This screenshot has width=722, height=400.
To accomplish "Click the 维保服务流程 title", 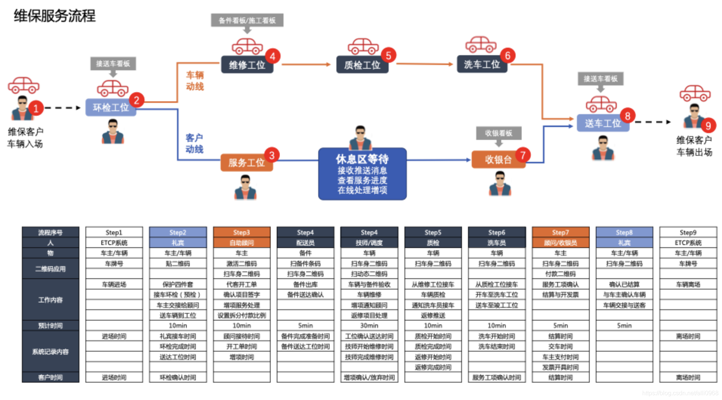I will [55, 16].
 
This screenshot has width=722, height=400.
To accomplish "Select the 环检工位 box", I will [110, 108].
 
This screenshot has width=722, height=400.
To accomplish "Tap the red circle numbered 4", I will [273, 56].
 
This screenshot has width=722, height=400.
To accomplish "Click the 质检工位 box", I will [362, 65].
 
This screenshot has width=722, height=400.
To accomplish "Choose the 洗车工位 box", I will [482, 65].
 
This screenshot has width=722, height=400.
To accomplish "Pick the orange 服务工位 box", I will [246, 163].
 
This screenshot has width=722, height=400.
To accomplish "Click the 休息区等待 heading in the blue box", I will [362, 159].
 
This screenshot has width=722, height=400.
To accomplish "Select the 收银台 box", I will [498, 160].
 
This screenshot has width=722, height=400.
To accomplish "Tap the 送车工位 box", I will [603, 123].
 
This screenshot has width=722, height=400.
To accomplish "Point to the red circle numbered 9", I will [708, 126].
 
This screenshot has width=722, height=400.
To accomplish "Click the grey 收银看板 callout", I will [499, 133].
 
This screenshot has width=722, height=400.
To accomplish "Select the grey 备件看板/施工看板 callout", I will [247, 20].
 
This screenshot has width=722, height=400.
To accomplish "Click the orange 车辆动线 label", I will [195, 81].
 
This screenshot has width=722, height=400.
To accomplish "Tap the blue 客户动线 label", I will [194, 144].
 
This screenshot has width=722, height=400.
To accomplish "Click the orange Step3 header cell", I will [242, 232].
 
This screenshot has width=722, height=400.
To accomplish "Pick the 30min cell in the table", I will [369, 326].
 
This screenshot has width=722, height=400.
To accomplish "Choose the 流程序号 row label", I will [50, 232].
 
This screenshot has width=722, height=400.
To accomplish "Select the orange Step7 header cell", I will [560, 232].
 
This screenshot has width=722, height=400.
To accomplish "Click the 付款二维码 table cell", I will [560, 274].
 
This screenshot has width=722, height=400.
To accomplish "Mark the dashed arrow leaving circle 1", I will [63, 108].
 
